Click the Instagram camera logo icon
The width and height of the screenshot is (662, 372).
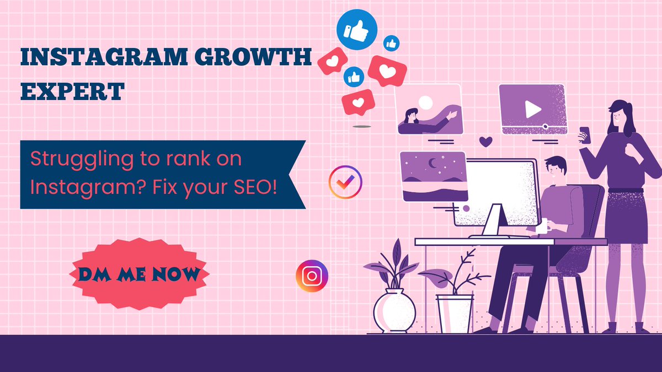[312, 276]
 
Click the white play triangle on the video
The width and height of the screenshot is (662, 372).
[533, 109]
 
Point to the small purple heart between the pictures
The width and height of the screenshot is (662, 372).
[485, 142]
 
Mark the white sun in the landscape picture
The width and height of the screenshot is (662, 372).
[425, 102]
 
